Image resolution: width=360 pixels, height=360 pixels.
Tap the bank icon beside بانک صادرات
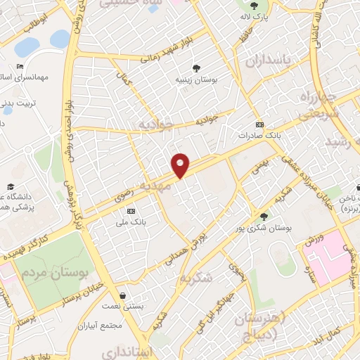click(259, 124)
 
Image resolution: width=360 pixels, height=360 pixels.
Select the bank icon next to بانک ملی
click(131, 211)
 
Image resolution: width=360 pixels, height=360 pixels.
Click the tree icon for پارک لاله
click(245, 6)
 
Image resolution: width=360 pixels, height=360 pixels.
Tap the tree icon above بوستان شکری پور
click(264, 217)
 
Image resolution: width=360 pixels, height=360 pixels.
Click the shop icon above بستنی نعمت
click(124, 296)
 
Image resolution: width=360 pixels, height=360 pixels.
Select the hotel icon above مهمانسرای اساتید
click(20, 67)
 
